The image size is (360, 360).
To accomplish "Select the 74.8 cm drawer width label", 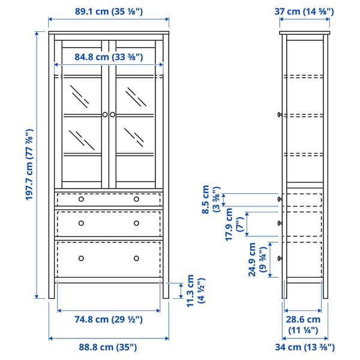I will (x=109, y=320).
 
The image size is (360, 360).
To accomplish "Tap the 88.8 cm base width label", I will (x=109, y=347).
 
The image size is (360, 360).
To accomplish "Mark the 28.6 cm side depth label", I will (x=304, y=325).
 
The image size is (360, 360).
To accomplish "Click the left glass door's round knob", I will (x=104, y=114).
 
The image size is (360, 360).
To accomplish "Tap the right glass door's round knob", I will (x=112, y=114).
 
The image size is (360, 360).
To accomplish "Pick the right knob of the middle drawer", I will (x=136, y=223).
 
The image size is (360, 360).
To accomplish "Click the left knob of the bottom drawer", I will (x=81, y=258).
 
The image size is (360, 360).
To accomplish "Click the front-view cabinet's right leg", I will (x=164, y=290).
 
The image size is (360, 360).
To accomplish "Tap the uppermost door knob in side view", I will (x=280, y=114).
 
